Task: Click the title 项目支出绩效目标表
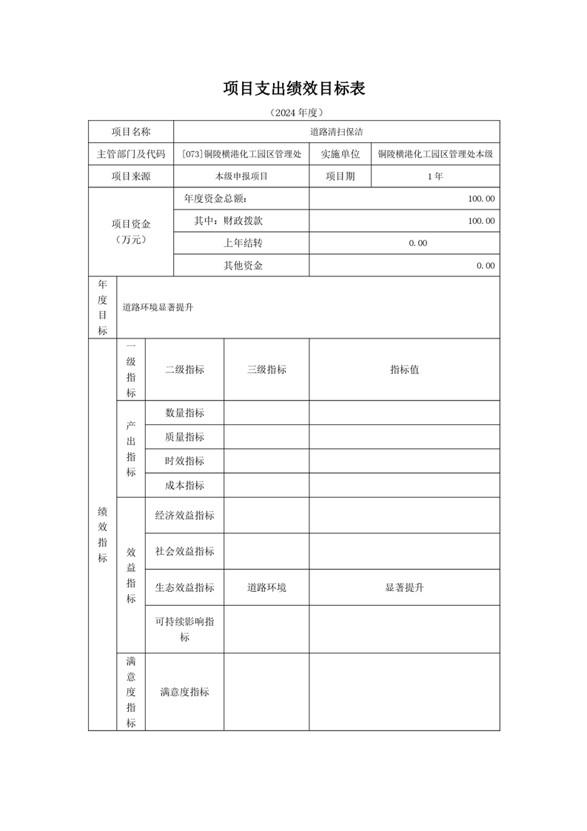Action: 294,89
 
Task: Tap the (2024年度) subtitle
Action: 294,113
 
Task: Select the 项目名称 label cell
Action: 130,132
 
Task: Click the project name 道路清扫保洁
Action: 336,132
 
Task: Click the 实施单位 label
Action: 340,154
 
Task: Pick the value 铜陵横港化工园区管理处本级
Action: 435,154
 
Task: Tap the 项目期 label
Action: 340,176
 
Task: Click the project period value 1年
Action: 435,176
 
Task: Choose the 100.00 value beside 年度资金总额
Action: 481,198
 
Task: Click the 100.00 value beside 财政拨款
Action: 481,221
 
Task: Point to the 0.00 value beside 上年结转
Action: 417,243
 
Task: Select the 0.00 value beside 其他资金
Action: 486,265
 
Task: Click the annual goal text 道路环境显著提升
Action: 158,307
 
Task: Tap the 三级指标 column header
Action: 266,370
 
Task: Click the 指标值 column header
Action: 404,370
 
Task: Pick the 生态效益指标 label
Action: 184,587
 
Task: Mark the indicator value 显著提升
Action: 404,587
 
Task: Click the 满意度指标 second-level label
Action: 184,692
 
